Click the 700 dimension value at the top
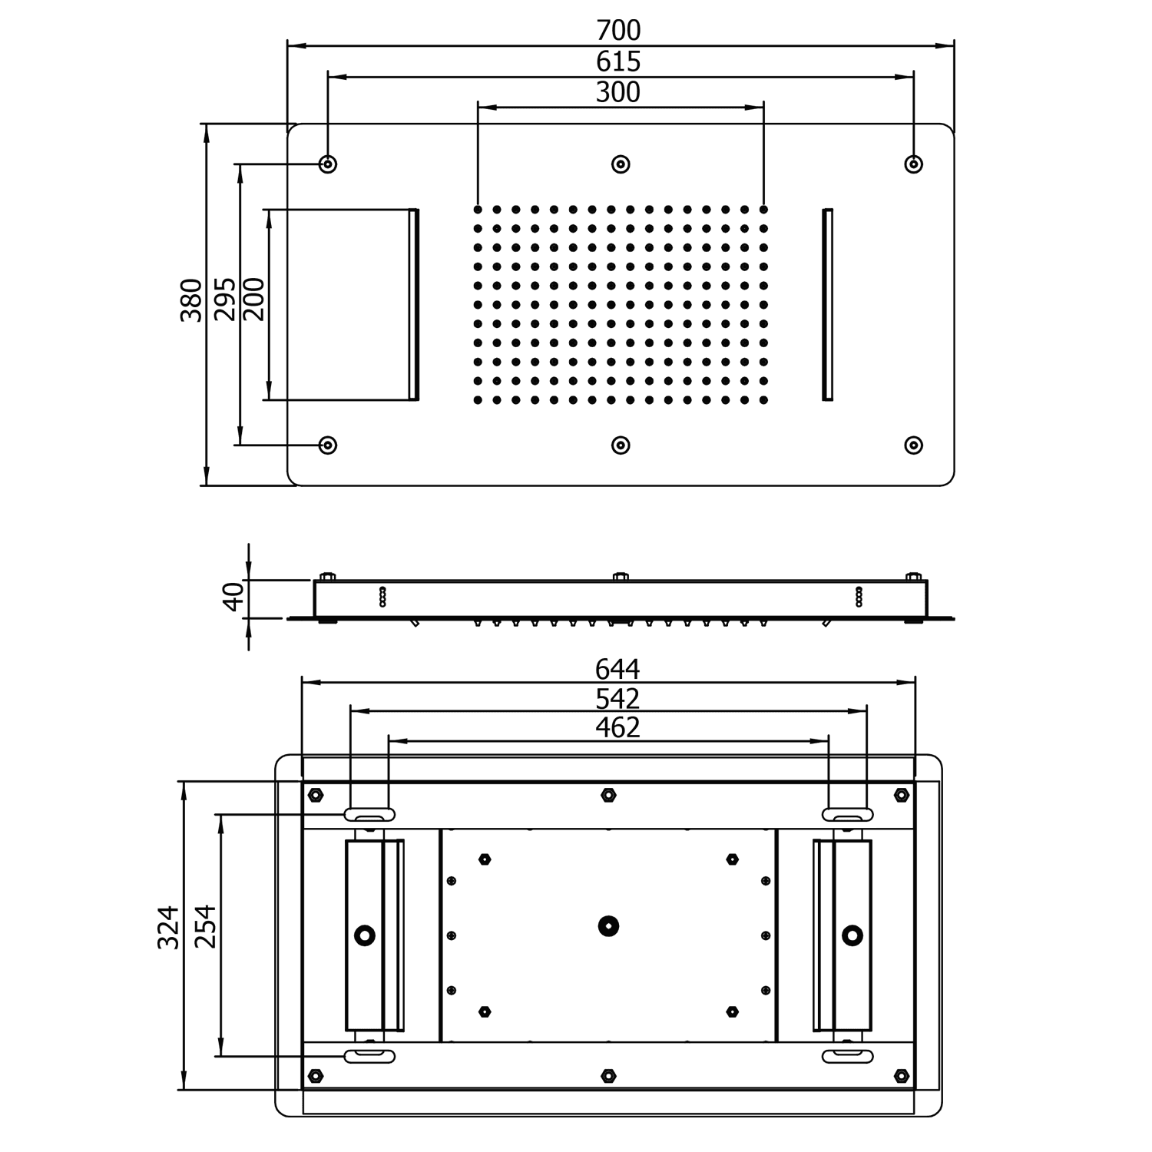point(618,31)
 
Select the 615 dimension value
point(618,61)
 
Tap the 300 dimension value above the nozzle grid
point(618,92)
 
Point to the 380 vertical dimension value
point(191,300)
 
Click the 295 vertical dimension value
point(224,300)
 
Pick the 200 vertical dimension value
point(253,300)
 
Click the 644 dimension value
point(617,670)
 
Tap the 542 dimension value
point(617,699)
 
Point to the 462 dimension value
point(617,727)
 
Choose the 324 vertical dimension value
point(169,928)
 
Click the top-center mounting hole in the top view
point(621,164)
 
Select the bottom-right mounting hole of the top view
point(913,445)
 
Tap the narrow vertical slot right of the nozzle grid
point(827,303)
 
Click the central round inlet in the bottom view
point(609,925)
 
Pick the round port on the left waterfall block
point(365,935)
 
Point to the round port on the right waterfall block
point(852,935)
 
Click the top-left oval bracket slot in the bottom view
point(369,814)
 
